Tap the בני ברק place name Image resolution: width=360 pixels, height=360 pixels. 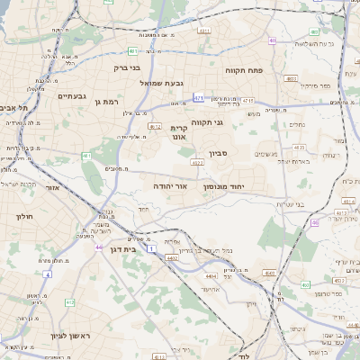(127, 67)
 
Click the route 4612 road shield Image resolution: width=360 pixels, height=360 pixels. (155, 127)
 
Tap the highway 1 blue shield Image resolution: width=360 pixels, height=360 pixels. (152, 247)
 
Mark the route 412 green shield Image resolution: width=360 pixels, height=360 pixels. (69, 302)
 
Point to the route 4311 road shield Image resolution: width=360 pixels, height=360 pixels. (204, 31)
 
